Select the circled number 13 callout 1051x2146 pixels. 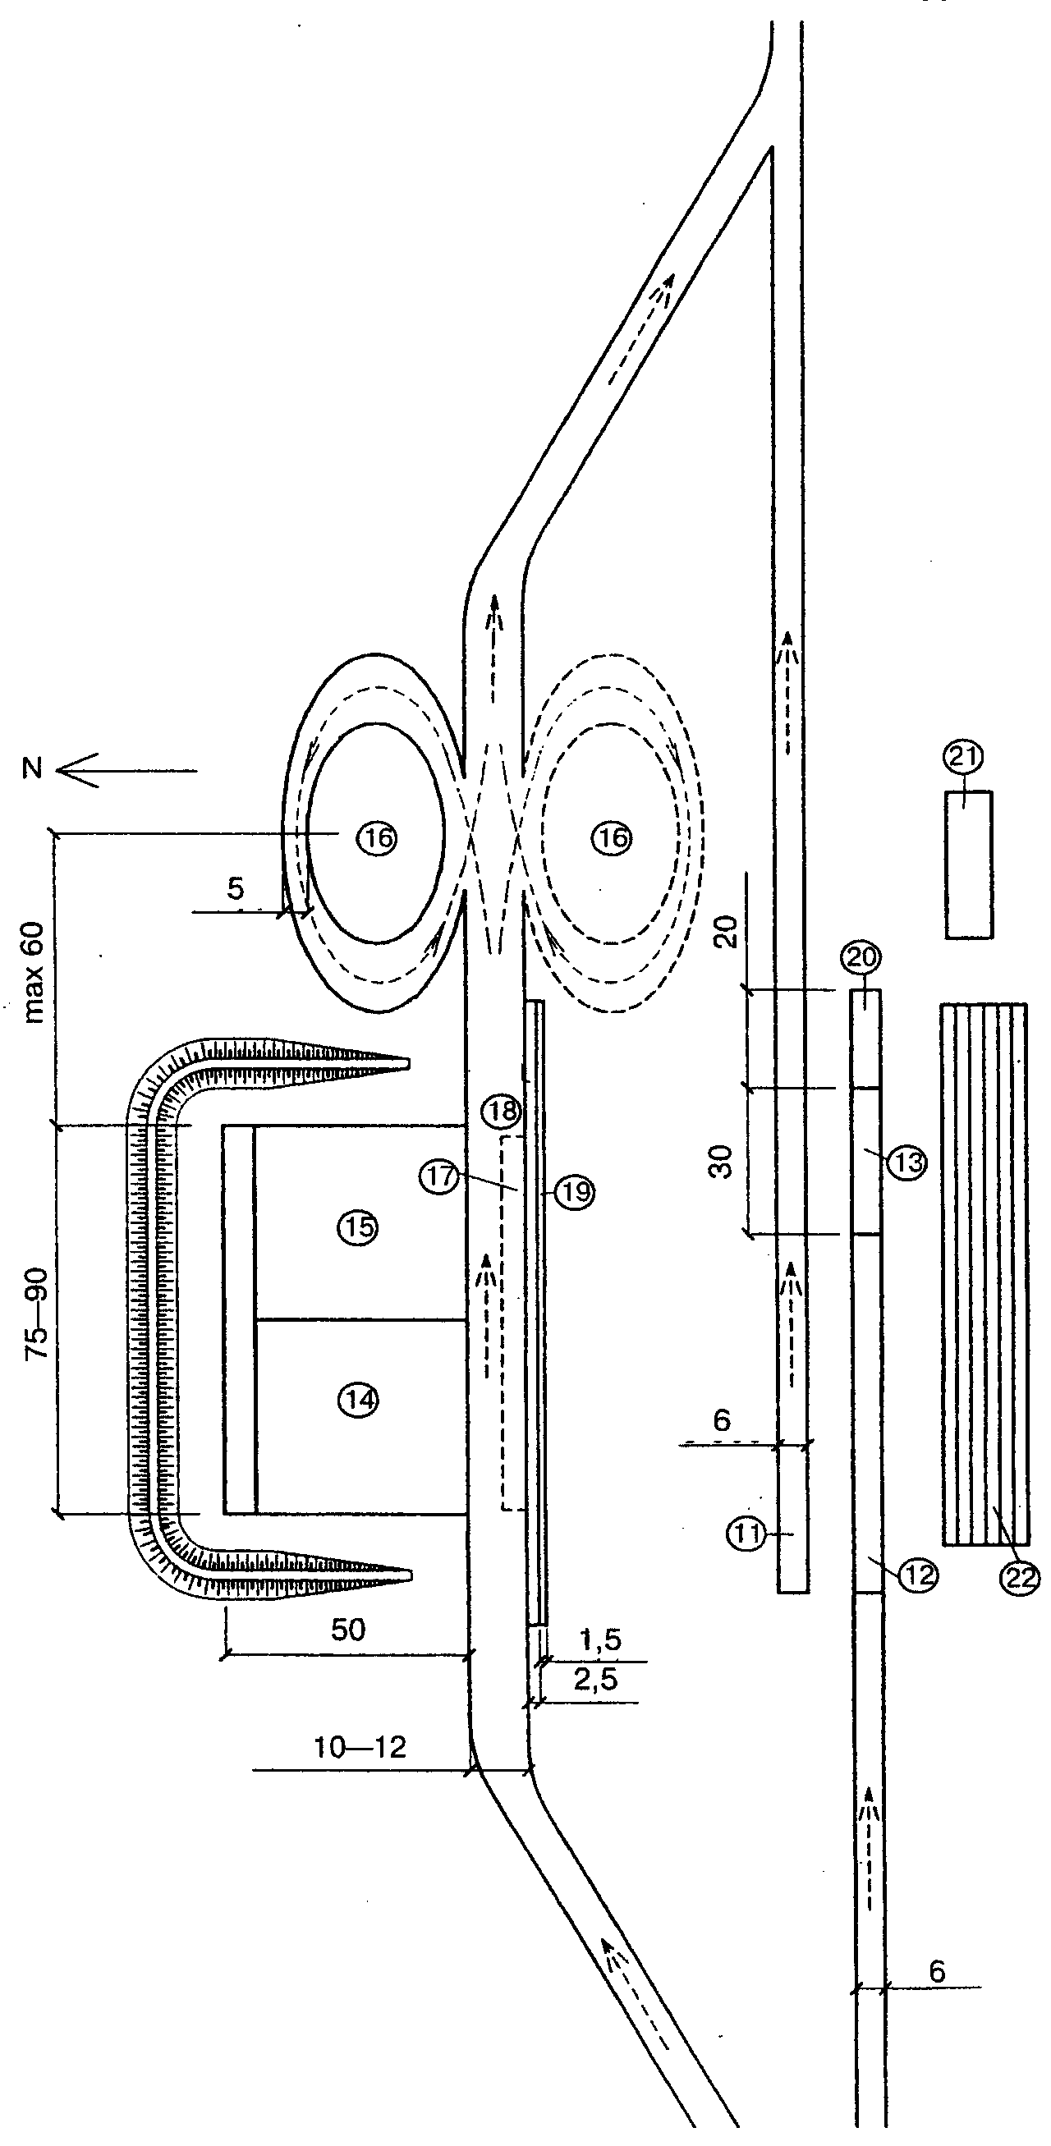(906, 1162)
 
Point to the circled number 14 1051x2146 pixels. (359, 1401)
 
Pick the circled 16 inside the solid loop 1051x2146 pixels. (378, 838)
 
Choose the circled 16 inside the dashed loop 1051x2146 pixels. (613, 838)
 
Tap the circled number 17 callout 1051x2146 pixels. (440, 1176)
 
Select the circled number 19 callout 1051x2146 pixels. (576, 1192)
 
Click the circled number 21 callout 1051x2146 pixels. (963, 757)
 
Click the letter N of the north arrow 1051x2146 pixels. (34, 768)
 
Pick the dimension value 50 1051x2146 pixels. (348, 1630)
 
